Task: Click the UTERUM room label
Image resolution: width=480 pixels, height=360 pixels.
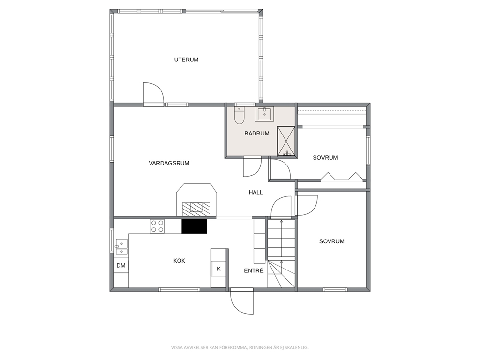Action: pyautogui.click(x=186, y=60)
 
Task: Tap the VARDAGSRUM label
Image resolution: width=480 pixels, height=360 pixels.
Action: pyautogui.click(x=169, y=163)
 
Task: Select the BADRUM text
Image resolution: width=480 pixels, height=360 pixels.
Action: pyautogui.click(x=257, y=134)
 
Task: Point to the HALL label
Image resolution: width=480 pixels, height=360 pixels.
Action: pyautogui.click(x=255, y=192)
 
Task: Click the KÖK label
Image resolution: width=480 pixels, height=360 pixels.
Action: pyautogui.click(x=179, y=261)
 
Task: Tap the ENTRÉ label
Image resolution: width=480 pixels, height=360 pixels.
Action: pyautogui.click(x=254, y=270)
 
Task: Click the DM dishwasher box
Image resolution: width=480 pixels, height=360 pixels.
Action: pyautogui.click(x=121, y=266)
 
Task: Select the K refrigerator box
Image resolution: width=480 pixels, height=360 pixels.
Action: pyautogui.click(x=219, y=269)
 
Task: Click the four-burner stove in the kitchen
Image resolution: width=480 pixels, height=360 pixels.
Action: pyautogui.click(x=157, y=226)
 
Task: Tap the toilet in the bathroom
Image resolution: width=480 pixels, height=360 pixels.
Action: pyautogui.click(x=239, y=116)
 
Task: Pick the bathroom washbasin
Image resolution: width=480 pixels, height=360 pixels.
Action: pyautogui.click(x=264, y=114)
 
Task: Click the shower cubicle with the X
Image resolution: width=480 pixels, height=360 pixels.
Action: pyautogui.click(x=286, y=141)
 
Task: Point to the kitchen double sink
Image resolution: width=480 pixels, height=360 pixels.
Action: pyautogui.click(x=121, y=247)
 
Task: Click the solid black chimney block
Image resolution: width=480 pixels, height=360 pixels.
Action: pyautogui.click(x=194, y=226)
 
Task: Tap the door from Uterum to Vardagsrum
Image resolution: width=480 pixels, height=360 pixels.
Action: pyautogui.click(x=153, y=94)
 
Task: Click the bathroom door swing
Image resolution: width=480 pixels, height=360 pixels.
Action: pyautogui.click(x=252, y=166)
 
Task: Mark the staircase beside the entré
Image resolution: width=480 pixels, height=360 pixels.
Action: pyautogui.click(x=281, y=253)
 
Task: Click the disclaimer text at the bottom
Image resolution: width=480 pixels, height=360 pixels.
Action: pyautogui.click(x=240, y=347)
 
